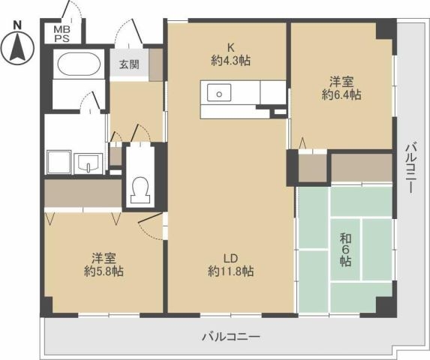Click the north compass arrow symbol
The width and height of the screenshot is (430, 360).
pyautogui.click(x=17, y=47)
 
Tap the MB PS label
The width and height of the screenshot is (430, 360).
pyautogui.click(x=62, y=34)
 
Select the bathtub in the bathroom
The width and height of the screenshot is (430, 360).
pyautogui.click(x=79, y=64)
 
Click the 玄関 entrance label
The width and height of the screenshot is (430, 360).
pyautogui.click(x=129, y=64)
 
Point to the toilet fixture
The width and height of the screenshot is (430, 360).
pyautogui.click(x=140, y=190)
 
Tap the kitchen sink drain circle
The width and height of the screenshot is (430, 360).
pyautogui.click(x=219, y=94)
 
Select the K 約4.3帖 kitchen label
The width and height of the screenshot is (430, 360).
pyautogui.click(x=230, y=54)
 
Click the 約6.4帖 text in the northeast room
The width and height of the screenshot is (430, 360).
pyautogui.click(x=341, y=95)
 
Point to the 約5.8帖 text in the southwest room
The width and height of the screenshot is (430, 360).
pyautogui.click(x=104, y=271)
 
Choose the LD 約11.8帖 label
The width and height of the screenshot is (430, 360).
pyautogui.click(x=230, y=265)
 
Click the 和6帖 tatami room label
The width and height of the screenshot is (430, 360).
pyautogui.click(x=345, y=250)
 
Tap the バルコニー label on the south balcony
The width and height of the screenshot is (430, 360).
pyautogui.click(x=230, y=337)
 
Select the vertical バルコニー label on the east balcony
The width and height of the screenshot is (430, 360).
pyautogui.click(x=410, y=168)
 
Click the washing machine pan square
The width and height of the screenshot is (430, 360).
pyautogui.click(x=59, y=162)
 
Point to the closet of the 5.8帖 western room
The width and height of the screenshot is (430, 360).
pyautogui.click(x=83, y=193)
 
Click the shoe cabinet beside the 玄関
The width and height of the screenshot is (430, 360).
pyautogui.click(x=156, y=65)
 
